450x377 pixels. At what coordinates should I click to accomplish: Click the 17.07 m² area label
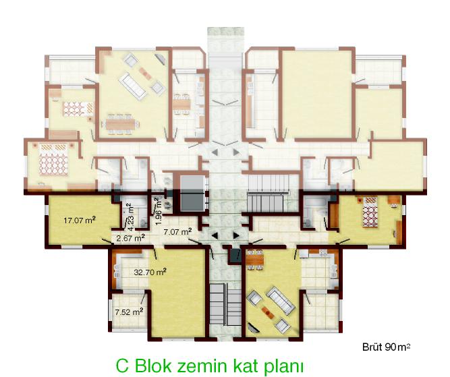pyautogui.click(x=80, y=221)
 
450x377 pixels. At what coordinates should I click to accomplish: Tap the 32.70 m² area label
pyautogui.click(x=150, y=271)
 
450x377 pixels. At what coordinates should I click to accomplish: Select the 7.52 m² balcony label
pyautogui.click(x=129, y=312)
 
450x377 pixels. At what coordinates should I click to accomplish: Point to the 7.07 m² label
pyautogui.click(x=177, y=231)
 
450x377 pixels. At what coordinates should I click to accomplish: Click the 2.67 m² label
pyautogui.click(x=130, y=238)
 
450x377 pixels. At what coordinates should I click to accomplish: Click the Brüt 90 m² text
pyautogui.click(x=387, y=347)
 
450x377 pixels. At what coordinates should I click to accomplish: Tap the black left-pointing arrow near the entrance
pyautogui.click(x=215, y=236)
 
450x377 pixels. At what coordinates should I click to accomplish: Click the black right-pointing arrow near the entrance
pyautogui.click(x=236, y=236)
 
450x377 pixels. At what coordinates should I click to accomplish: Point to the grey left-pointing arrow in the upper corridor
pyautogui.click(x=215, y=152)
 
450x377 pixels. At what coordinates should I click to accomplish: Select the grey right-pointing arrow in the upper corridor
pyautogui.click(x=236, y=152)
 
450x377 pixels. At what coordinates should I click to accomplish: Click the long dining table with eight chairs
pyautogui.click(x=121, y=124)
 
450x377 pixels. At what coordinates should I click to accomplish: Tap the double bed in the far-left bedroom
pyautogui.click(x=54, y=160)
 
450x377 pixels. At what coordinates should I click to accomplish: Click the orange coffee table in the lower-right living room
pyautogui.click(x=267, y=312)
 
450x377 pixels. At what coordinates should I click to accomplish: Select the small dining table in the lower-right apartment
pyautogui.click(x=255, y=260)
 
